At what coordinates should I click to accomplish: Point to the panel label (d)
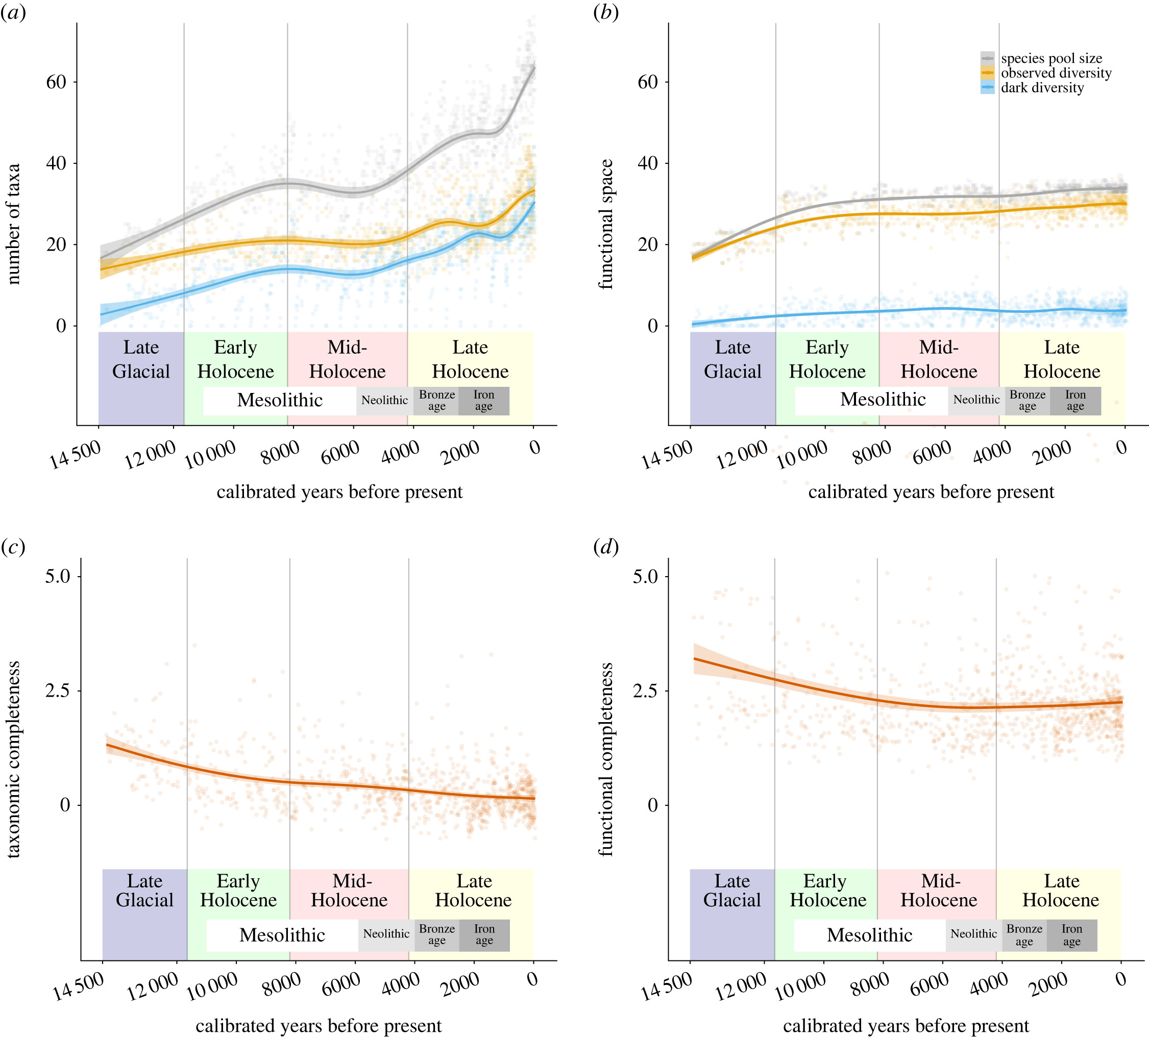[605, 547]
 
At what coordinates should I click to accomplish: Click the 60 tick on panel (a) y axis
[56, 82]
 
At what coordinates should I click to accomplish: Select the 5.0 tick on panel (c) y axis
[58, 576]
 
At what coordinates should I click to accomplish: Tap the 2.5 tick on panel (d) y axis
[645, 690]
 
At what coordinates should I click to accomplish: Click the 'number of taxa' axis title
[13, 224]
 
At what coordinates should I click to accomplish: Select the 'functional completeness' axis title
[606, 759]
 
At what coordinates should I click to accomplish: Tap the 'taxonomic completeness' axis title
[13, 759]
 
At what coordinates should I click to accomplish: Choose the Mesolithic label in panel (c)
[282, 935]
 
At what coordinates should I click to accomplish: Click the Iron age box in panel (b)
[1075, 401]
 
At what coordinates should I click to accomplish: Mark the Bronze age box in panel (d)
[1023, 935]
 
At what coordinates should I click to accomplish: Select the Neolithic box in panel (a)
[385, 401]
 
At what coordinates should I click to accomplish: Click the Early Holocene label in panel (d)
[827, 890]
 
